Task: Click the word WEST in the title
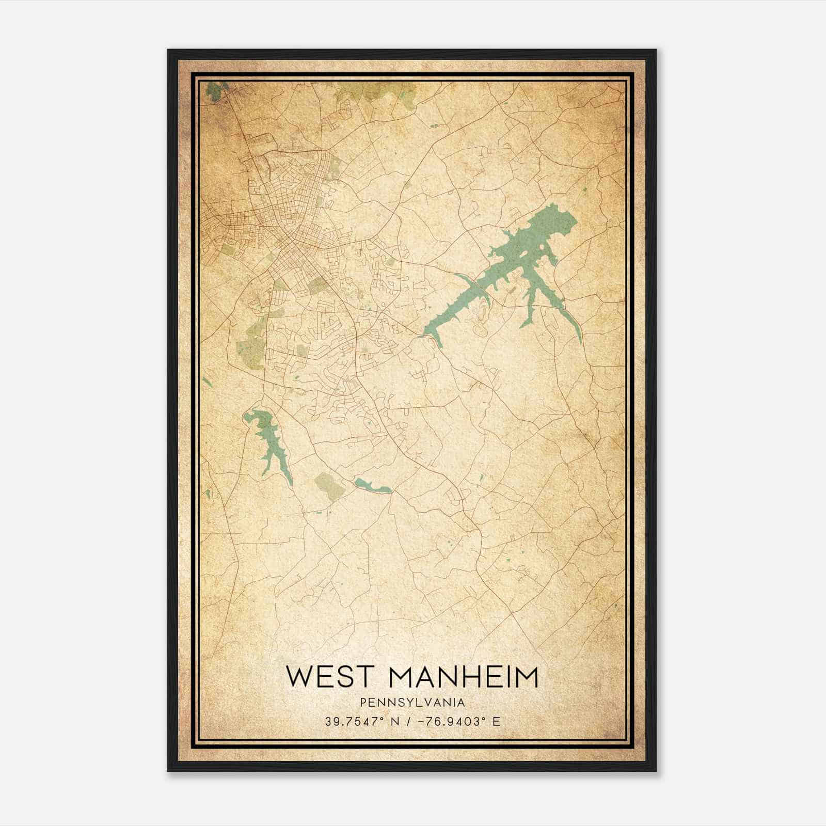point(333,677)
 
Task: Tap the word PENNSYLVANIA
point(412,703)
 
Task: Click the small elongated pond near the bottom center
point(373,486)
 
